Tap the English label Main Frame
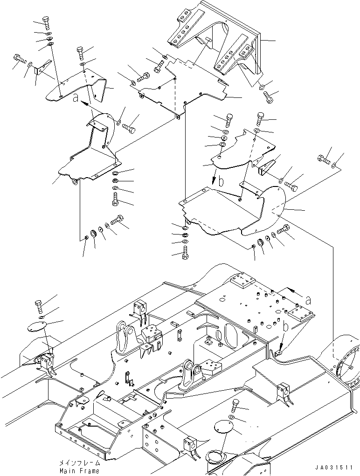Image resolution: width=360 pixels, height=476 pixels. click(x=79, y=471)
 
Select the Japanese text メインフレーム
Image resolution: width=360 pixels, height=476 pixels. click(x=80, y=463)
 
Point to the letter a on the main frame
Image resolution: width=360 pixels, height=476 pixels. click(x=308, y=301)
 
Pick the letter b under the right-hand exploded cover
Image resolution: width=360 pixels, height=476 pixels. click(x=222, y=182)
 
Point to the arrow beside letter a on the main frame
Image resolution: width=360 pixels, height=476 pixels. click(x=295, y=293)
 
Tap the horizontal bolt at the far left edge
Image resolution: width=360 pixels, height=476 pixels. click(x=21, y=59)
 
